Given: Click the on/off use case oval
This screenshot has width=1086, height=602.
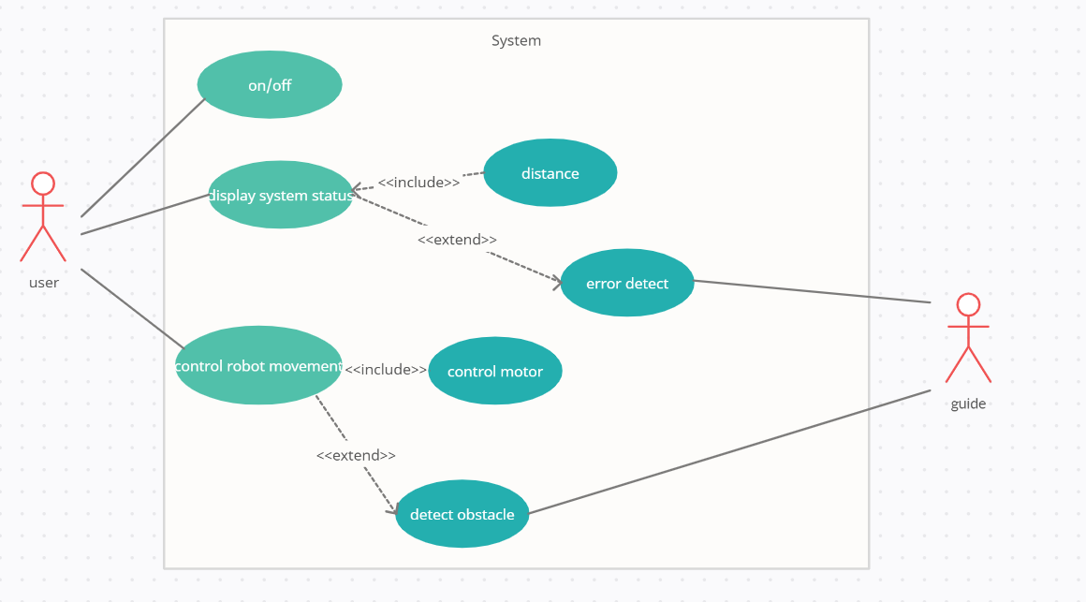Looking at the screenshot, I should point(270,85).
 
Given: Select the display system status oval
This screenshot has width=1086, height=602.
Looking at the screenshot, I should point(280,195).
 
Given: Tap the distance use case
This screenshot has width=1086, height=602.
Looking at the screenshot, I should point(550,173).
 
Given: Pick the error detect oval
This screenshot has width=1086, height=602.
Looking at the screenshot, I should point(627,283).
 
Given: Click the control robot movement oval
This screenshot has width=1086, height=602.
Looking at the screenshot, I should point(258,365).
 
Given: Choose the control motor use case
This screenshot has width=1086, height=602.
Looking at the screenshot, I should point(495,371).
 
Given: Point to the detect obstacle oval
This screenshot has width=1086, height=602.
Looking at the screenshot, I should point(462,514).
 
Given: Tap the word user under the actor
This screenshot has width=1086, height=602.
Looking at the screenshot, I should point(43,283).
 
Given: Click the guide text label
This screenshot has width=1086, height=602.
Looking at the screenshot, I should point(968,404).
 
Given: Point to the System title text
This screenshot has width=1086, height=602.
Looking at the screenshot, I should point(516,40).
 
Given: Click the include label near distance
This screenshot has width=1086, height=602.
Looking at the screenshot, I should point(418,183).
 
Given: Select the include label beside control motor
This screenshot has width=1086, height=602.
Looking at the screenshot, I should point(385,370).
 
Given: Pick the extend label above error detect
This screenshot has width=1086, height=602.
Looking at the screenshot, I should point(457,240).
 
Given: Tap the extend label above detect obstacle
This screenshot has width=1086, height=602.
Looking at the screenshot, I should point(356,455).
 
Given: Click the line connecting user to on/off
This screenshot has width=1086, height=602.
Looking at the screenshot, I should point(142,157).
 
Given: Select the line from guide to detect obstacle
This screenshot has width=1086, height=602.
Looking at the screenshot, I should point(730,451).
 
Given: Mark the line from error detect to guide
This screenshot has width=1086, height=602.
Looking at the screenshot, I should point(813,291).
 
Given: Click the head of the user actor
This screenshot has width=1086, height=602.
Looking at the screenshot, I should point(43,184).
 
